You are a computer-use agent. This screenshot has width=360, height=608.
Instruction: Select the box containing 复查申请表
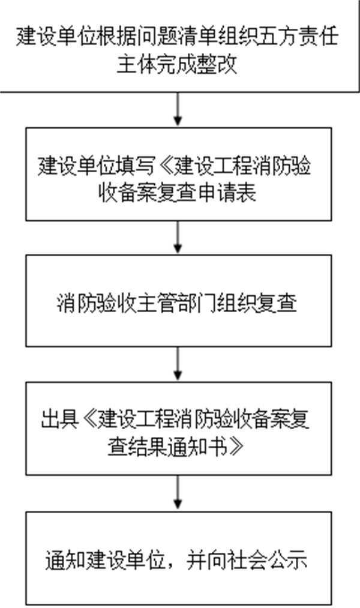coord(178,174)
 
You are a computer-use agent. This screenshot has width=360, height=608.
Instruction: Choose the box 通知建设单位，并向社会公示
coord(178,558)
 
